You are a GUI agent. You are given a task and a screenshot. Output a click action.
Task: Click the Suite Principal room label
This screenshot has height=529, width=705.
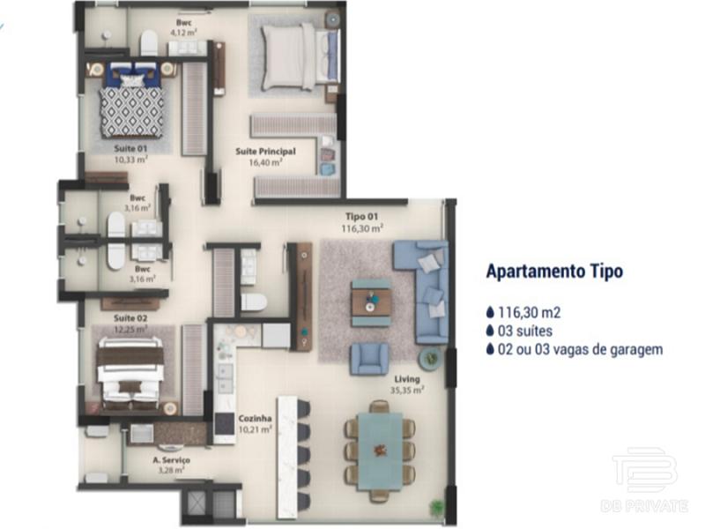point(266,152)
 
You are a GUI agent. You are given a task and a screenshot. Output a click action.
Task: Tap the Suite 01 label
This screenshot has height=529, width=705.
point(130,148)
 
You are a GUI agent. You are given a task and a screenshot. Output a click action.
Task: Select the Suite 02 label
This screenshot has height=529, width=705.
point(130,318)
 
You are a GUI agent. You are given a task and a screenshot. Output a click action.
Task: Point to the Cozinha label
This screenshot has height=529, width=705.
point(255,419)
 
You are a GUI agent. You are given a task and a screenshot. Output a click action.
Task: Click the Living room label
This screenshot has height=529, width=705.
point(407,380)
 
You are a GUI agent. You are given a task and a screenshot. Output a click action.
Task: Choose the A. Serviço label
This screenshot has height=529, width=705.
point(171,460)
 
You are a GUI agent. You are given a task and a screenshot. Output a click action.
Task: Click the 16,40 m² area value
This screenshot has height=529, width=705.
point(266,162)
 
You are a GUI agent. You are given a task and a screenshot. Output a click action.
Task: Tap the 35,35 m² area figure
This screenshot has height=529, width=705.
point(407,390)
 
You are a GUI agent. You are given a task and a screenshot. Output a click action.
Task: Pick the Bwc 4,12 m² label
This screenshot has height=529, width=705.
point(183,27)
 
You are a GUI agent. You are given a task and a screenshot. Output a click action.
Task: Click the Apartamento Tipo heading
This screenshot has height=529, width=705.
point(555,272)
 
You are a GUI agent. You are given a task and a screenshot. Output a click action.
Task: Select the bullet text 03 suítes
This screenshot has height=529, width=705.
point(519,332)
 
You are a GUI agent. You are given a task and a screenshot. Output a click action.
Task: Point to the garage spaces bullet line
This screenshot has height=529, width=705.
point(575,349)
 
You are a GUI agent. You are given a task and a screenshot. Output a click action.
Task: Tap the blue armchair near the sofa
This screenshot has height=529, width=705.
point(369,359)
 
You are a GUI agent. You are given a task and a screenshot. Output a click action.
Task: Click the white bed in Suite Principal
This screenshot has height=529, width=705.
point(299,57)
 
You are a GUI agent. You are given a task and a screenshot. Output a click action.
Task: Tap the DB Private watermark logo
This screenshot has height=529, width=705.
point(645,480)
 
